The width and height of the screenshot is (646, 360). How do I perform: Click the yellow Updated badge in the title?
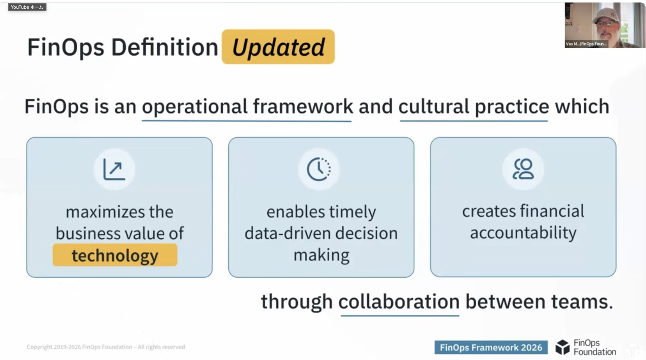coord(278,47)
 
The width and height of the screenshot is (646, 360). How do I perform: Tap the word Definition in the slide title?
coord(165,47)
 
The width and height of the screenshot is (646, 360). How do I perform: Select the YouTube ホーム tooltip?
coord(27,7)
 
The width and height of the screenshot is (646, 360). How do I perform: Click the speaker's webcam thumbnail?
coord(604,25)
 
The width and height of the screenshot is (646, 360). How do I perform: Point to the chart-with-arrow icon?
coord(114,169)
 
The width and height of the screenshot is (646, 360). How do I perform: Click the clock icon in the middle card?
coord(319,169)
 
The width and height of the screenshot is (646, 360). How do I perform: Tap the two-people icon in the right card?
coord(523,169)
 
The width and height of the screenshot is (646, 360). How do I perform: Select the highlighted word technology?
coord(115,255)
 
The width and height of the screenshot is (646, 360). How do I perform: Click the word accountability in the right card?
coord(523,233)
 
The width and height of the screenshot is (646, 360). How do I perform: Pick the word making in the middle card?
coord(321,255)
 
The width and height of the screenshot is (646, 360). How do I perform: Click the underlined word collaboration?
coord(399,302)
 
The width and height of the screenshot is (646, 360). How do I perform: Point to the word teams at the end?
coord(582,302)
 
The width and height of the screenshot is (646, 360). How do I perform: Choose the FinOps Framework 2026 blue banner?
coord(491,347)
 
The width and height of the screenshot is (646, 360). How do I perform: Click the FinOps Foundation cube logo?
coord(563,347)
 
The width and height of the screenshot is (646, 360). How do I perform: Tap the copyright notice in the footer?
coord(105,347)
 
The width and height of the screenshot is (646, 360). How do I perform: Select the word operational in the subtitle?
coord(195,107)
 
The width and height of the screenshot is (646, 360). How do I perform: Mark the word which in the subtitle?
coord(582,106)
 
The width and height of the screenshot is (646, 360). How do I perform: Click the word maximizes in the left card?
coord(105,212)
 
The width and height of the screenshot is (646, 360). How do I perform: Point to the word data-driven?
coord(287,233)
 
